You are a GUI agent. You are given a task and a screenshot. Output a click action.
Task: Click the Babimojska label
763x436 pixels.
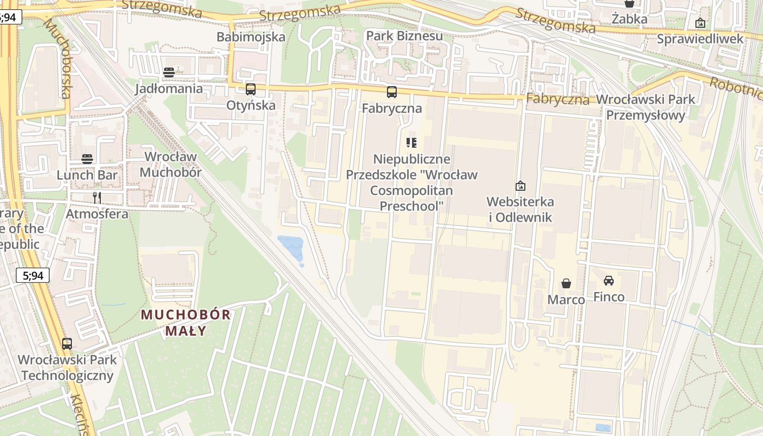251,37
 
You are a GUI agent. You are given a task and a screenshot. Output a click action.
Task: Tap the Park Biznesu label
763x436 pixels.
404,36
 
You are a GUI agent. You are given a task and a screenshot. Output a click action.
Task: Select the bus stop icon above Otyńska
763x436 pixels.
251,89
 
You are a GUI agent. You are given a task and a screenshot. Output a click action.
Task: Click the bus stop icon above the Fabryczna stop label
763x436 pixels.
392,92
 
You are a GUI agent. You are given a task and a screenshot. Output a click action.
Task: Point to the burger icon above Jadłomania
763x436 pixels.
169,72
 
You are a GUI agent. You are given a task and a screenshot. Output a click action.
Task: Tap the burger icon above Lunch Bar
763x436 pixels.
87,159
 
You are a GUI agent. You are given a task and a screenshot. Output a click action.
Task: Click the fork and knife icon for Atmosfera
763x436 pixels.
97,197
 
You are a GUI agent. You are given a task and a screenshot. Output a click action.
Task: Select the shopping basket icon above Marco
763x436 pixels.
566,283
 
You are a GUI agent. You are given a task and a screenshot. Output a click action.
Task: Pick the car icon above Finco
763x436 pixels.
609,281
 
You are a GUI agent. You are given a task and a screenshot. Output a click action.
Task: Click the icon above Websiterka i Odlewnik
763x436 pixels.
520,186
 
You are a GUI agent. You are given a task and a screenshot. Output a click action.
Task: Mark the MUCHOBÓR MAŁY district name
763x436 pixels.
186,323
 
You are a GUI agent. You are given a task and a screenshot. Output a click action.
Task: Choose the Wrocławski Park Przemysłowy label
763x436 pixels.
646,107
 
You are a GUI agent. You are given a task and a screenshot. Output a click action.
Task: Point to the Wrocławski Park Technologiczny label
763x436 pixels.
68,368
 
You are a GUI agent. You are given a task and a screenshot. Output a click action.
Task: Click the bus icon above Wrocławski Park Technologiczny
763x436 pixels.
67,344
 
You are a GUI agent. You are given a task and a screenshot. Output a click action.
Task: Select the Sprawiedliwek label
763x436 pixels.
700,39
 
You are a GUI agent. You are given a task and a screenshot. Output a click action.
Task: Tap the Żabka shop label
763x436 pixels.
629,19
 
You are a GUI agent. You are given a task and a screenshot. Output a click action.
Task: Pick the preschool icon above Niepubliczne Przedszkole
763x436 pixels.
411,143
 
